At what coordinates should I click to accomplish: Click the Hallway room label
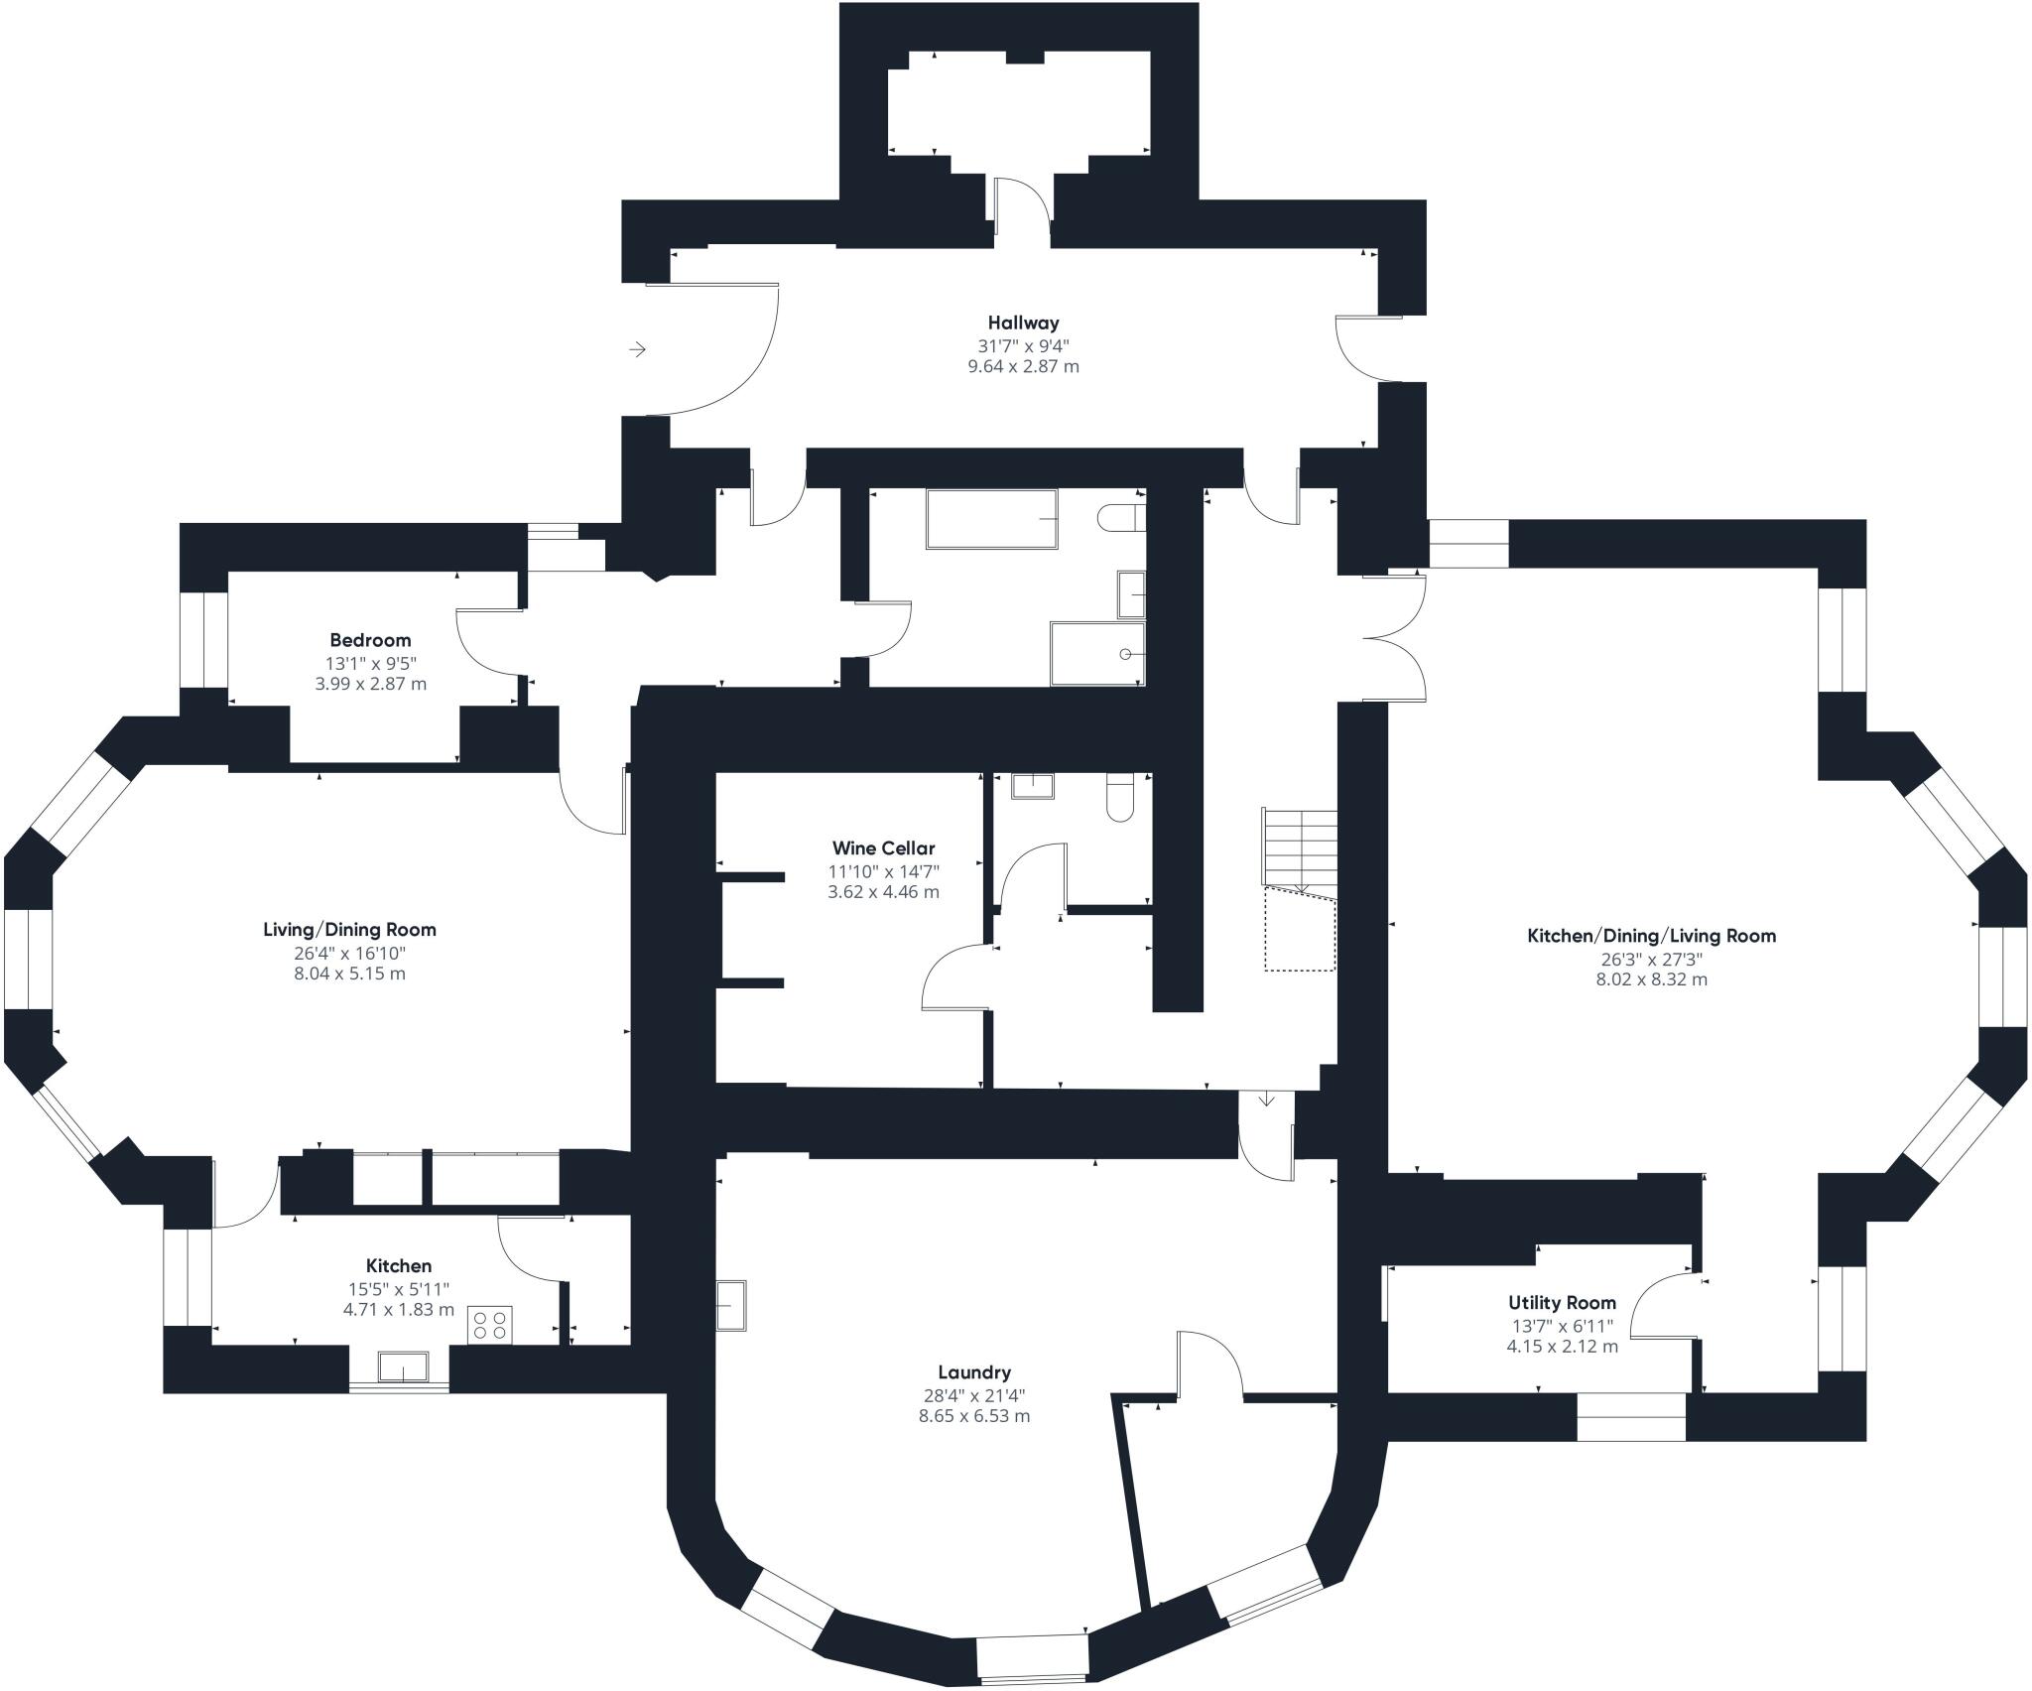point(1023,323)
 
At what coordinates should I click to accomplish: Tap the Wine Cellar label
point(883,848)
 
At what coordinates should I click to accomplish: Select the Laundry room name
point(974,1372)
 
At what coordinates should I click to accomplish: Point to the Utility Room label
point(1562,1303)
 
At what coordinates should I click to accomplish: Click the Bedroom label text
point(370,640)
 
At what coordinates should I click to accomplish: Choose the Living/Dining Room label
point(349,930)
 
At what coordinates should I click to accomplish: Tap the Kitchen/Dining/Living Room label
point(1651,936)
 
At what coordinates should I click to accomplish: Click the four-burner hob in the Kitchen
point(490,1325)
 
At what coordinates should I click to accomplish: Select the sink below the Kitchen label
point(403,1366)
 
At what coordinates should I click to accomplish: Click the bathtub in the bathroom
point(992,518)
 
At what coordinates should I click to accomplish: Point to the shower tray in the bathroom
point(1097,654)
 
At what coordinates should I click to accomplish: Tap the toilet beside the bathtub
point(1122,518)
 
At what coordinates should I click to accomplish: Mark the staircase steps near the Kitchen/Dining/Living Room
point(1299,846)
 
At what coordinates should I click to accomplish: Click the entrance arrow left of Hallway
point(637,349)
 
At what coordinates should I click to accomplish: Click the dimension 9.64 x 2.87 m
point(1023,366)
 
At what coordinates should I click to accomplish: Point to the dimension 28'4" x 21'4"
point(974,1394)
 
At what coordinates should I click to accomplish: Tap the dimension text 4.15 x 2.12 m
point(1562,1347)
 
